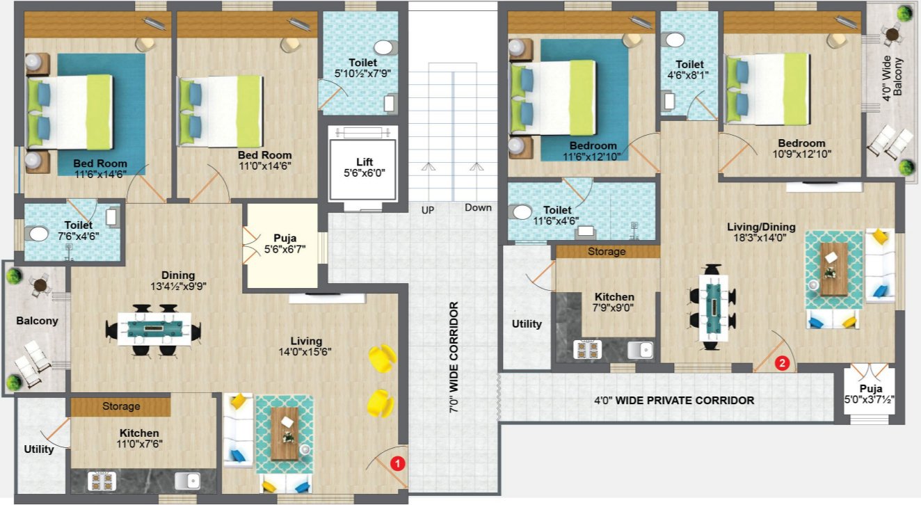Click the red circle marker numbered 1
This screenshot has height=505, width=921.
397,462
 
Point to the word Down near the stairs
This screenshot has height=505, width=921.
478,207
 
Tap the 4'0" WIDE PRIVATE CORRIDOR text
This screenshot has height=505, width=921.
674,401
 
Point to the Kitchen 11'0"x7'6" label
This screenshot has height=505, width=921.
139,438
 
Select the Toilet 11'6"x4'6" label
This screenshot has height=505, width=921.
558,215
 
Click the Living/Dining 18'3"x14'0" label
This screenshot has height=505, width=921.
760,232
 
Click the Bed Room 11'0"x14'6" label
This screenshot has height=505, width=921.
264,160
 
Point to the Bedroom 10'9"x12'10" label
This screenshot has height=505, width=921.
801,149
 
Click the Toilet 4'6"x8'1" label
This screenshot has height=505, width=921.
689,70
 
